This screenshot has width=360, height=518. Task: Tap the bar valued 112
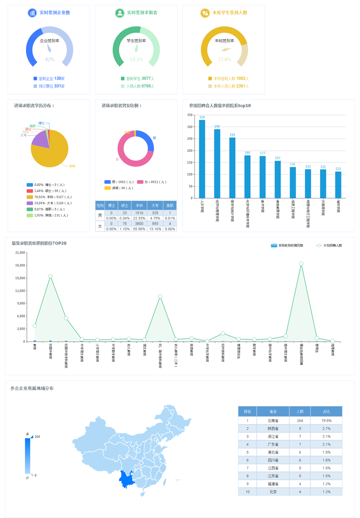click(x=338, y=185)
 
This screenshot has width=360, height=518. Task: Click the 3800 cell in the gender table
click(x=139, y=223)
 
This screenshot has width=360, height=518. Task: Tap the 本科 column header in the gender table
click(x=139, y=206)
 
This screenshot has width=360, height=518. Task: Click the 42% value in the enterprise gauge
click(x=49, y=59)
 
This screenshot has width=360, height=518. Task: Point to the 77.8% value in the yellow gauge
click(x=224, y=59)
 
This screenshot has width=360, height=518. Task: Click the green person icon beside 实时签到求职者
click(x=120, y=13)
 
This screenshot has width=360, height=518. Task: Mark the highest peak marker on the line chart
click(x=301, y=264)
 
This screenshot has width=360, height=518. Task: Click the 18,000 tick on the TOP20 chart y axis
click(x=20, y=265)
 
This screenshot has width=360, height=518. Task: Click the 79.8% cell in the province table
click(x=326, y=420)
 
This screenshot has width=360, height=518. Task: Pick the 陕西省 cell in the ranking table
click(x=273, y=428)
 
